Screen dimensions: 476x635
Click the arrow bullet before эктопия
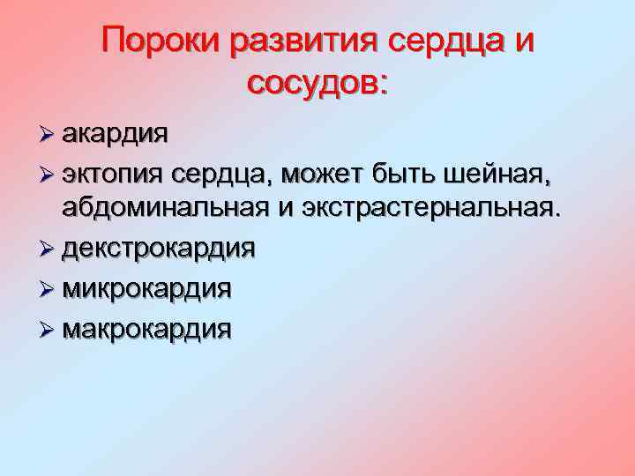46,175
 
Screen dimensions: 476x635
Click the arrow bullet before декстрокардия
46,249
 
